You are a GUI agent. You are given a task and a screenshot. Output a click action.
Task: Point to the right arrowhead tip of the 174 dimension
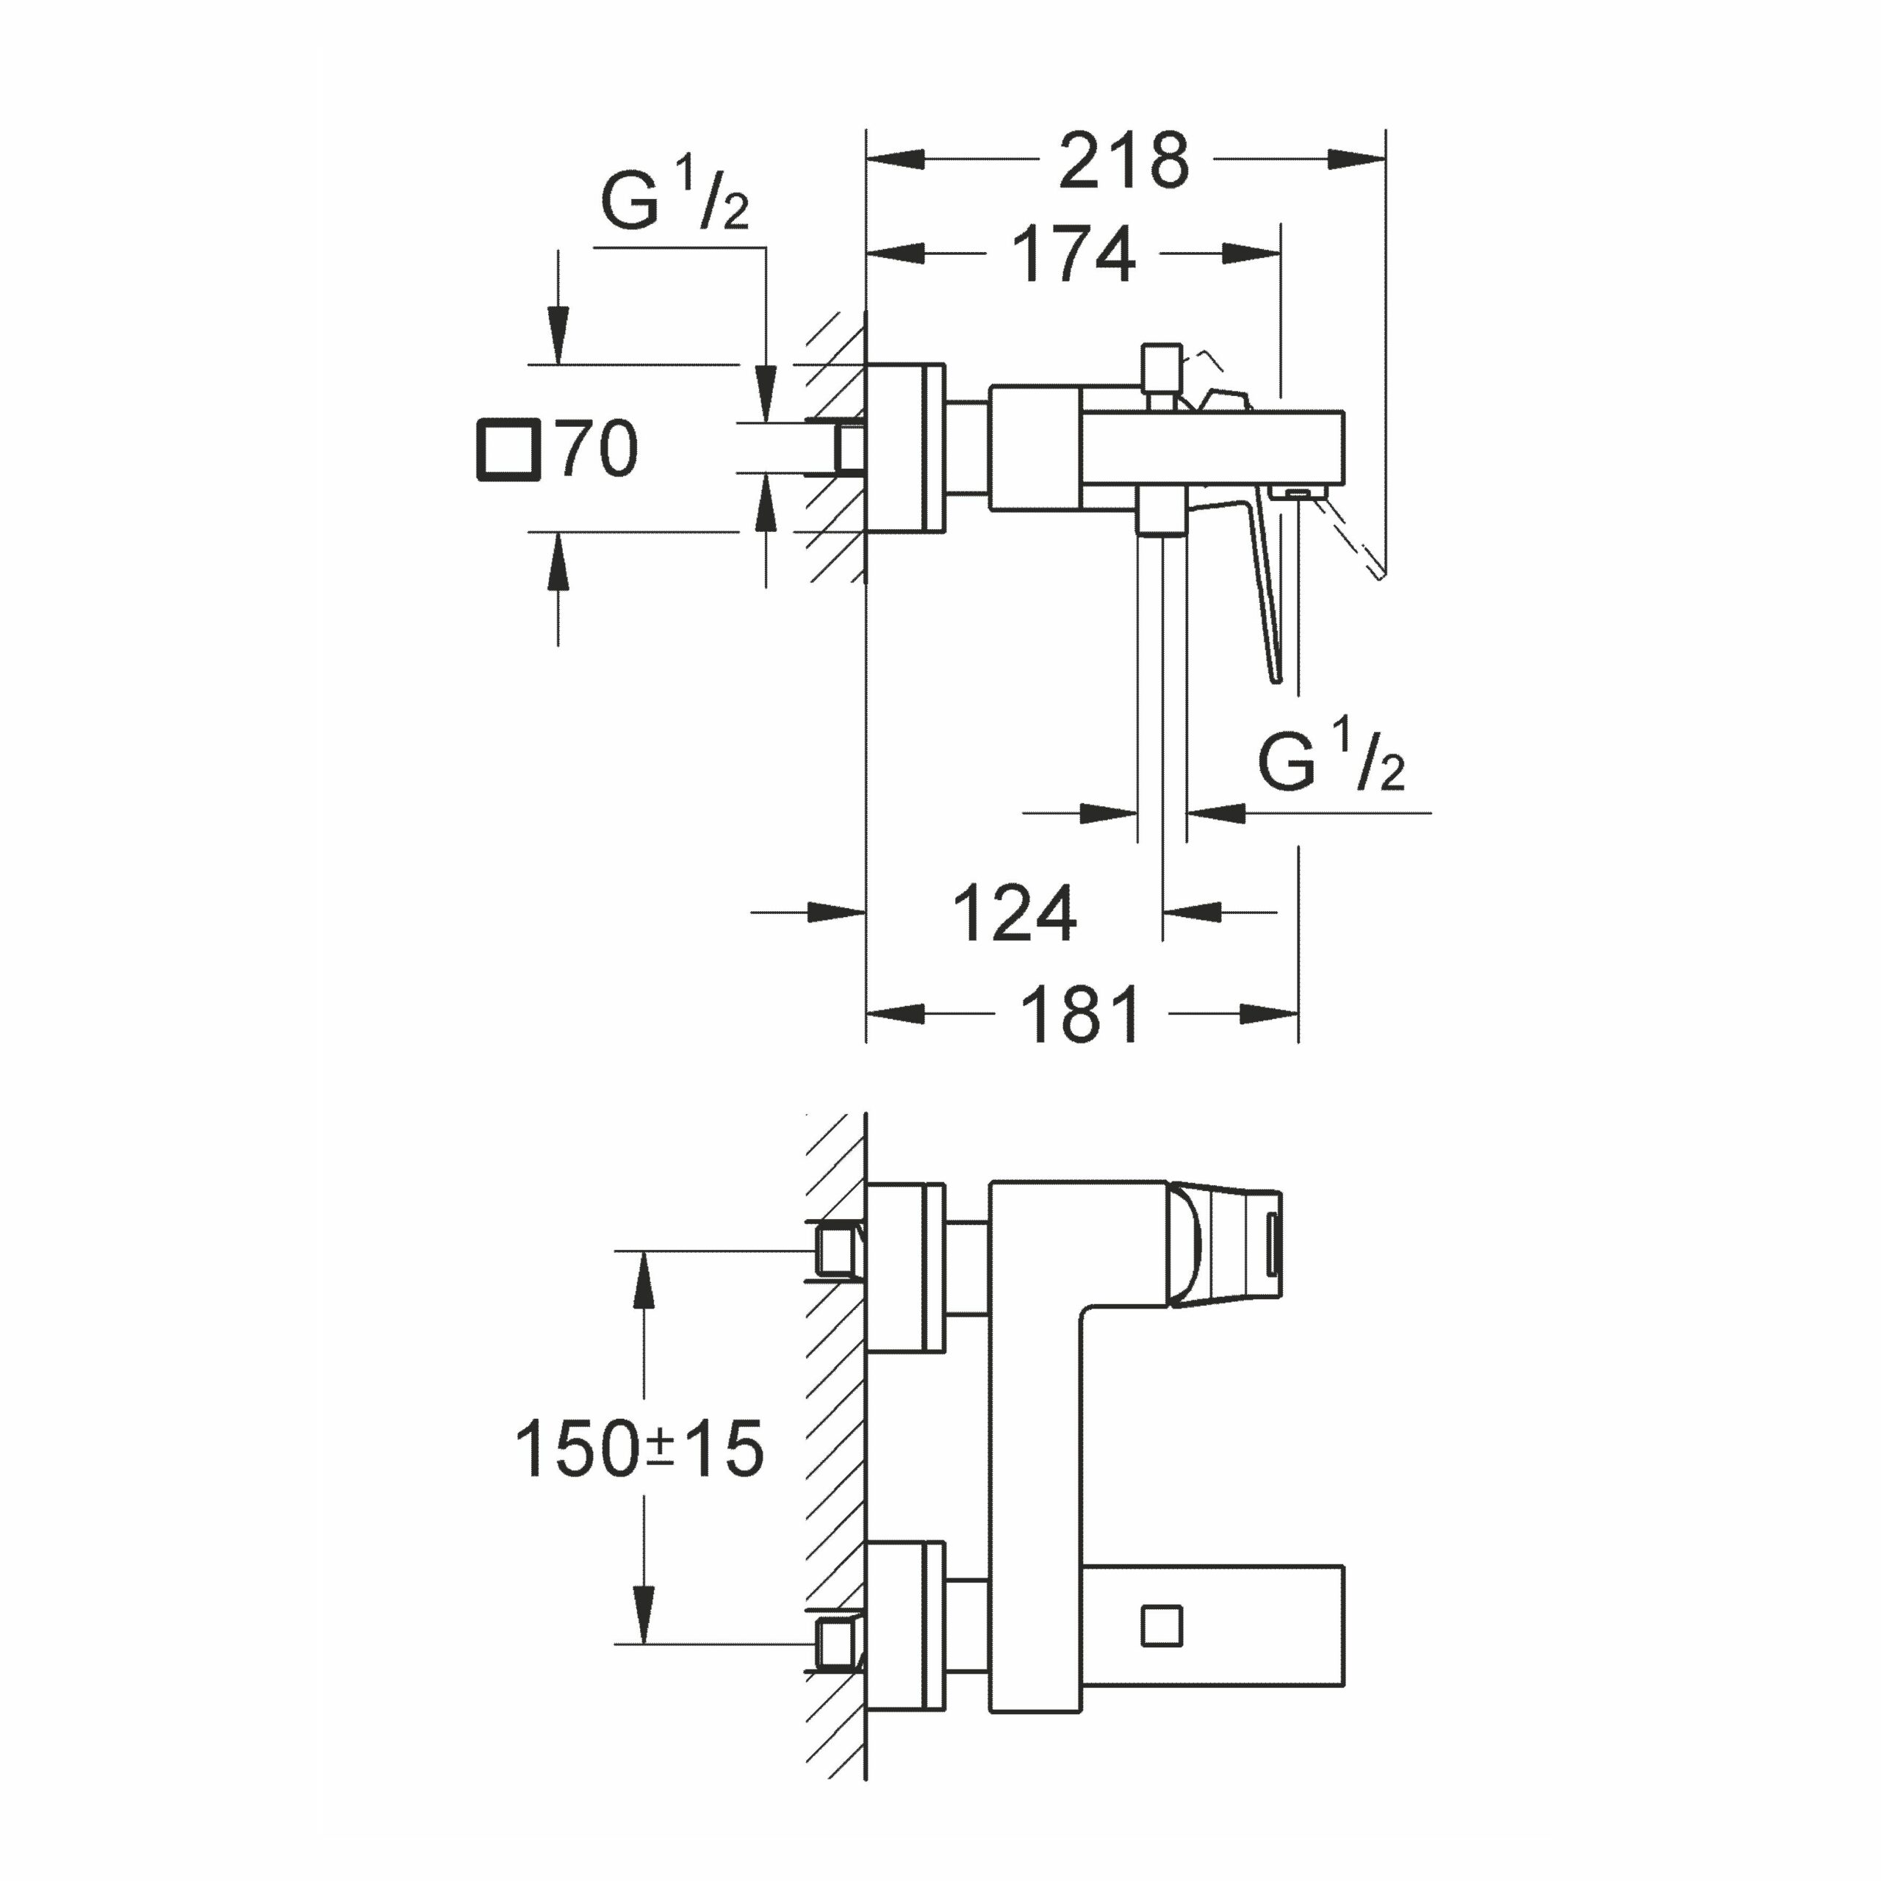pos(1280,254)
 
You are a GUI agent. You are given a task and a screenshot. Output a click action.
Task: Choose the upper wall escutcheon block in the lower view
pos(905,1269)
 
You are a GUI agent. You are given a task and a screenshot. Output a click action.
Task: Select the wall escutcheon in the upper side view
pos(905,449)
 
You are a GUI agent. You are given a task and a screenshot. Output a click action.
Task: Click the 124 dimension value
pos(1015,914)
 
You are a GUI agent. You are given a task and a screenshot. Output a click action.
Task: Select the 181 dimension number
pos(1081,1015)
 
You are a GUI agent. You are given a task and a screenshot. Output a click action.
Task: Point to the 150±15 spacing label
pos(639,1449)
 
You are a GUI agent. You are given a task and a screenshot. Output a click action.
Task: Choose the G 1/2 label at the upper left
pos(675,198)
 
